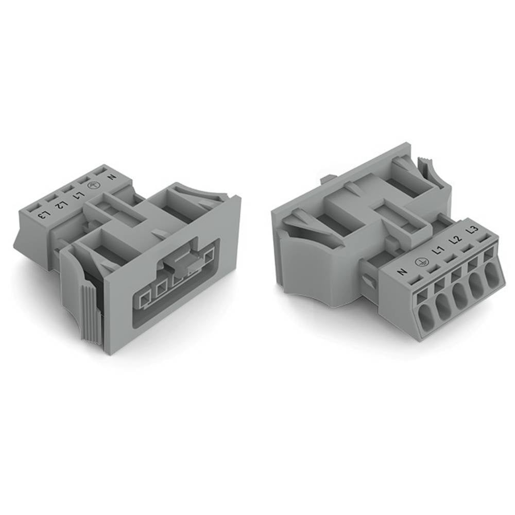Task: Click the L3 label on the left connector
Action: (46, 214)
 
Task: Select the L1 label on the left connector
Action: (78, 196)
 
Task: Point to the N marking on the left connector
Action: (110, 178)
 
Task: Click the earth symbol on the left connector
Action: (94, 187)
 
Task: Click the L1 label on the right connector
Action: (438, 251)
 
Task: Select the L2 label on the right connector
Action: (454, 241)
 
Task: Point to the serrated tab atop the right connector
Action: (425, 168)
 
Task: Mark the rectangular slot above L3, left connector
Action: (35, 208)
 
